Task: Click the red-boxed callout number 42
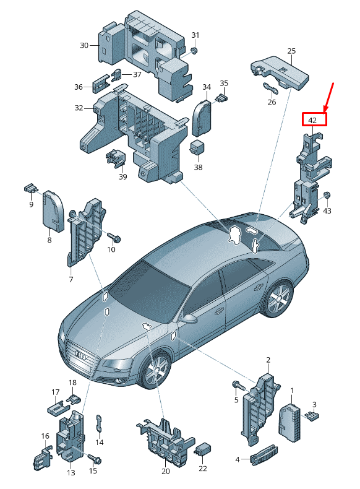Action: click(x=312, y=120)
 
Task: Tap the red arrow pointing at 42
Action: click(x=328, y=97)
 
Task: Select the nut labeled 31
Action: click(x=194, y=51)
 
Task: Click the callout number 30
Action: click(x=84, y=46)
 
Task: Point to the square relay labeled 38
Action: click(x=196, y=147)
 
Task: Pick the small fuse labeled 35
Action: click(x=222, y=98)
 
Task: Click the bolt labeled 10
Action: click(x=114, y=238)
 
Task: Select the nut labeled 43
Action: click(x=327, y=196)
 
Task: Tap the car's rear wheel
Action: click(x=278, y=298)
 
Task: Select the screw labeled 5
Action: click(x=239, y=386)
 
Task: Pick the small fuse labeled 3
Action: click(x=312, y=416)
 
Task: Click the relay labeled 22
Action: click(x=203, y=451)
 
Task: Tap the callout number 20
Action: click(x=166, y=471)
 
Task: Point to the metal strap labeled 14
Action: click(x=99, y=423)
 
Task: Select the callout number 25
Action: click(x=291, y=51)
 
